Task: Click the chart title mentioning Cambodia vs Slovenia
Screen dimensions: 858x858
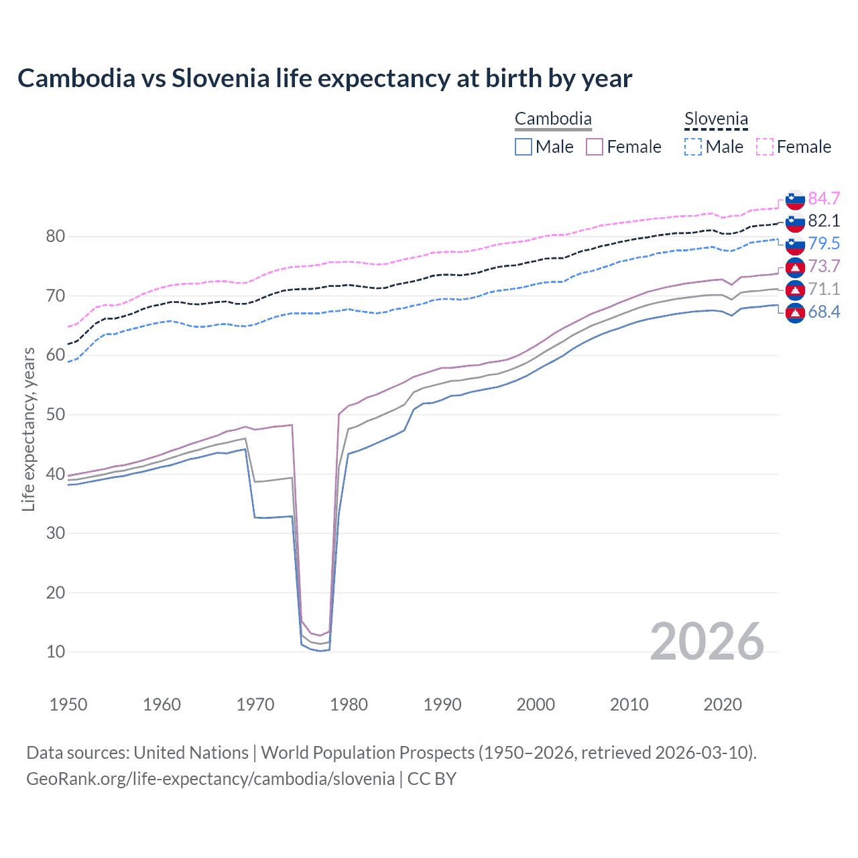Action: click(324, 78)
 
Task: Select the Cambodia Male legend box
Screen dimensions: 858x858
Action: click(524, 147)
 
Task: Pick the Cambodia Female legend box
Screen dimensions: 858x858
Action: click(595, 147)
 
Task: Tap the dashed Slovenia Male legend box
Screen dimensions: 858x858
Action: click(693, 147)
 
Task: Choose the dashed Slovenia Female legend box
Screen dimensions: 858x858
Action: click(765, 147)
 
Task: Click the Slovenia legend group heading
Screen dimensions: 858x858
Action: click(716, 119)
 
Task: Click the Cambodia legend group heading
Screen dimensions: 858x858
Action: click(553, 119)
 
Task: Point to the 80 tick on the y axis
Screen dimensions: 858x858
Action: click(56, 237)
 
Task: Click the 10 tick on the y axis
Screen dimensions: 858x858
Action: click(56, 652)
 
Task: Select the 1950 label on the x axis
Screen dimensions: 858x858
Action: click(68, 704)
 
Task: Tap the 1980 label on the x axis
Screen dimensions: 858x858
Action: click(349, 704)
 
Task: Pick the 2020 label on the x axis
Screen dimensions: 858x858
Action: click(722, 704)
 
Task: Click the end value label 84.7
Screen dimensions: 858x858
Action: click(824, 198)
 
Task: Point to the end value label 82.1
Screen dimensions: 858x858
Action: click(824, 221)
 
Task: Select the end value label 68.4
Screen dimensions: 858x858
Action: click(824, 312)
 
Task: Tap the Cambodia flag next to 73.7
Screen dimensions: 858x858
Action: click(795, 267)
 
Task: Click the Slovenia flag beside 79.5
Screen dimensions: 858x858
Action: click(795, 244)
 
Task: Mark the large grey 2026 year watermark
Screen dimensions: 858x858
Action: click(707, 641)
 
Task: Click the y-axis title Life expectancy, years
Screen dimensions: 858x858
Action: click(28, 430)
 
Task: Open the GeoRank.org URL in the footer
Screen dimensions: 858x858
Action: click(210, 779)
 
